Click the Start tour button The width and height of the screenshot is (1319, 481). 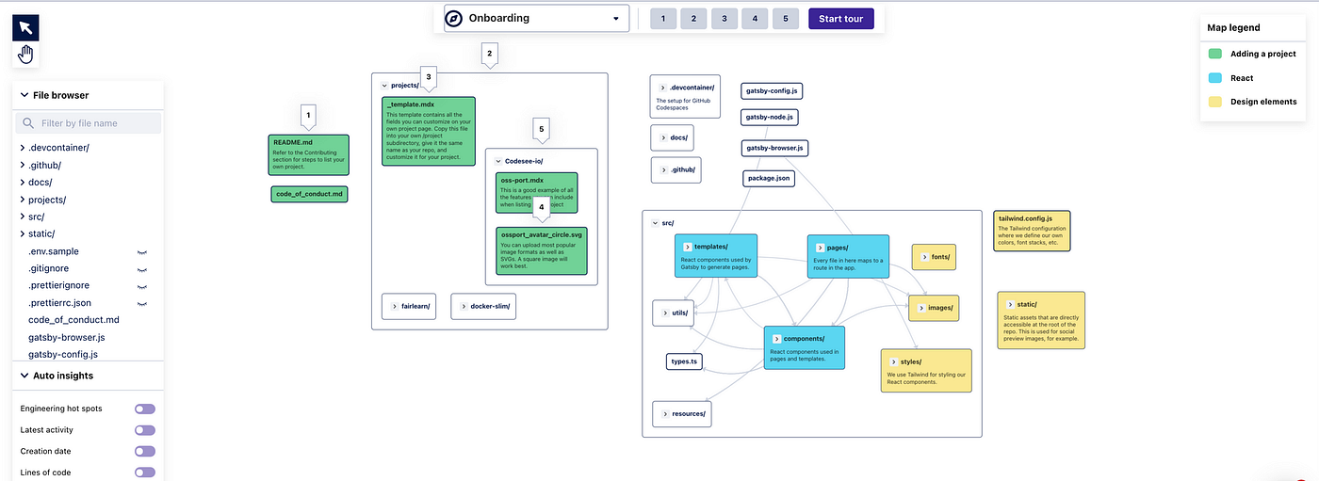[840, 19]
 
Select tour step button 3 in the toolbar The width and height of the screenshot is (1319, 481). [724, 19]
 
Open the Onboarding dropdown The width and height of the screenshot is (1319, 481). [536, 19]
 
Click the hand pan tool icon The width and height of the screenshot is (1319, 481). [25, 55]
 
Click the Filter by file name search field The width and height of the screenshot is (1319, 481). [89, 123]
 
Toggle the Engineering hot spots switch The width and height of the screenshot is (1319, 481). [144, 409]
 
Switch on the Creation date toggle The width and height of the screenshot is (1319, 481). [144, 452]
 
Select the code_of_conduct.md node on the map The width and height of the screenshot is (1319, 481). [309, 194]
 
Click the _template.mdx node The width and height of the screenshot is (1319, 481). [428, 131]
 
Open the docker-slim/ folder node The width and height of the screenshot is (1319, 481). [485, 306]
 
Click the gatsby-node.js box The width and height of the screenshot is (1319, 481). [770, 118]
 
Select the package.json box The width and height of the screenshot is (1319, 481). [769, 178]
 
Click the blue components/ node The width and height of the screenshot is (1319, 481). [804, 347]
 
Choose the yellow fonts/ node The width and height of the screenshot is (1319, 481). [934, 257]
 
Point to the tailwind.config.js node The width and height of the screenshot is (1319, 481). [1031, 231]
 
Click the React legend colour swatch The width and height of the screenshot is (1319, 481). [1214, 77]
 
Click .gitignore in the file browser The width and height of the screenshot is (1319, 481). [49, 268]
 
